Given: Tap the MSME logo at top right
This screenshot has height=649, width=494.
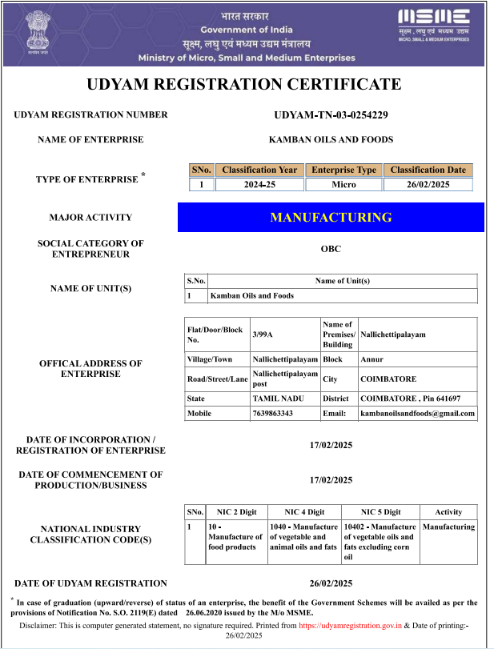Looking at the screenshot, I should click(434, 24).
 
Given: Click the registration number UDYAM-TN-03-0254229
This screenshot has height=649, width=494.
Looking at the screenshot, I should click(331, 114).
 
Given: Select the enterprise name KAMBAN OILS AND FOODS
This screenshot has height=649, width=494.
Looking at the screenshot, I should click(331, 139).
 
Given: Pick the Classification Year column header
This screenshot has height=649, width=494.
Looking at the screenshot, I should click(259, 170).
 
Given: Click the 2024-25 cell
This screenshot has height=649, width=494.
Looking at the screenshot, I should click(259, 185).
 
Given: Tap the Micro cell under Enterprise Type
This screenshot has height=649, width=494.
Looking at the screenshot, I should click(343, 185).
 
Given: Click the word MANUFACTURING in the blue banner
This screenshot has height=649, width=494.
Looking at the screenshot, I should click(331, 217).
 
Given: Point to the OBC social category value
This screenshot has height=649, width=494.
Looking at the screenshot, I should click(331, 249).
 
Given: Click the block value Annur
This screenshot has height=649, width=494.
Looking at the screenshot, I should click(372, 359).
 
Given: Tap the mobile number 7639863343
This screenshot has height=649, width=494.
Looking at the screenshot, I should click(273, 414).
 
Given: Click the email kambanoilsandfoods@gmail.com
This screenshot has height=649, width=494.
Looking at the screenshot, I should click(417, 414).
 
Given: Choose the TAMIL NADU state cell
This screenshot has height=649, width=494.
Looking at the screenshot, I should click(277, 398).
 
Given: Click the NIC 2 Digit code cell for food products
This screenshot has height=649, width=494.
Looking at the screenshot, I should click(235, 537).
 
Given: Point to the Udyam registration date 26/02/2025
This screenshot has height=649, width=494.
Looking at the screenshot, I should click(331, 583).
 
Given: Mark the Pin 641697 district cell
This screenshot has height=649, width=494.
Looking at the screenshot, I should click(410, 398).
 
